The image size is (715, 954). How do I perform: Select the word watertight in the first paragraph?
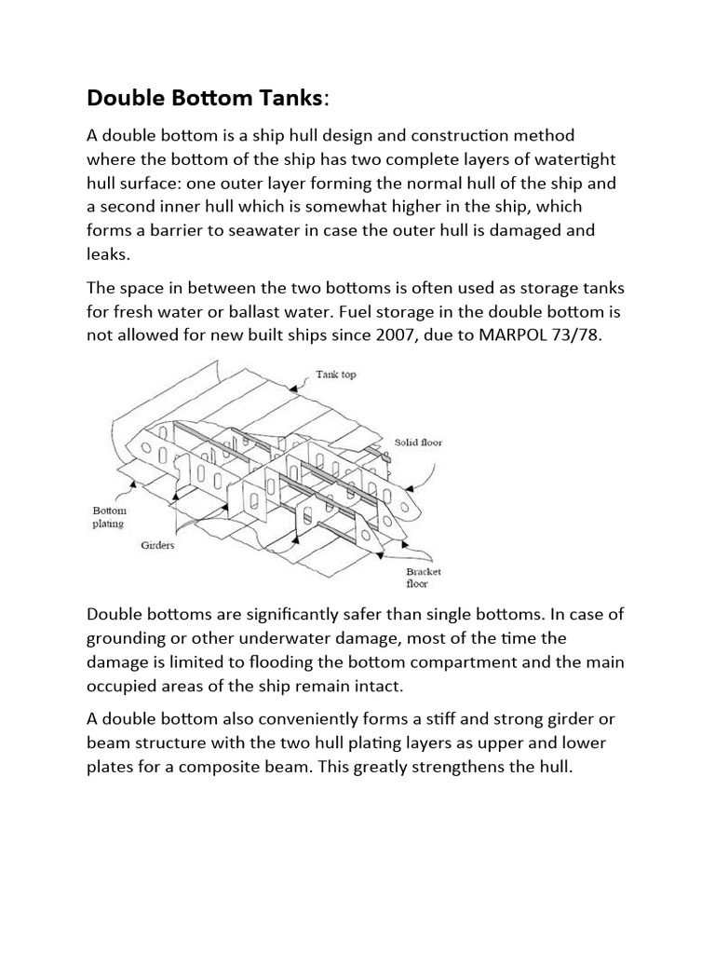tap(549, 159)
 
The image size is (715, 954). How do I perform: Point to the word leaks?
tap(109, 252)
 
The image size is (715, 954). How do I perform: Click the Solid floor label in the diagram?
tap(418, 443)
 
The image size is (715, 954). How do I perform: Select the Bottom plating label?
tap(109, 517)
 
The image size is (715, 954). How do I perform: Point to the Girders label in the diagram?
tap(159, 545)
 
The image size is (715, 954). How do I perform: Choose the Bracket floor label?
tap(423, 578)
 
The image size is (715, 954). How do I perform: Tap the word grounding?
tap(130, 639)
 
